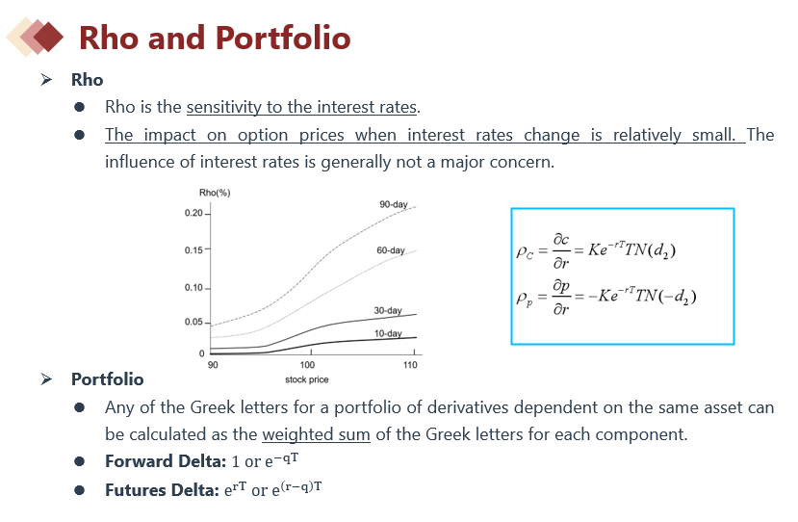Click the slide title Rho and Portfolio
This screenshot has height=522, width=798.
215,38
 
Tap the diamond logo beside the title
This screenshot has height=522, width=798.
35,37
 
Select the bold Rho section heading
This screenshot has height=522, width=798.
87,80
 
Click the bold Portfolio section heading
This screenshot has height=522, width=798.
108,379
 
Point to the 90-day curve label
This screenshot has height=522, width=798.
394,204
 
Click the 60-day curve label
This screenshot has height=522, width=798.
391,250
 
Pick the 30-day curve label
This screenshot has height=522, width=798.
388,310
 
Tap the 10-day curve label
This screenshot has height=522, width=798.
388,333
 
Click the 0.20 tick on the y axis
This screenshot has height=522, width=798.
193,213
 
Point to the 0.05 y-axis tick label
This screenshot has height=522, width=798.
193,322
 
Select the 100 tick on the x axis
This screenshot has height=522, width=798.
307,365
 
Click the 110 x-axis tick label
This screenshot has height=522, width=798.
410,365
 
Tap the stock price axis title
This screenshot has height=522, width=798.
306,379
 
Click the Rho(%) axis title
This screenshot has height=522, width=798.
215,193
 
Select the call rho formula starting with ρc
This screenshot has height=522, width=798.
596,250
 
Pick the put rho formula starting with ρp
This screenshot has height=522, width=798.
606,297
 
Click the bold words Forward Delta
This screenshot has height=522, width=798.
166,461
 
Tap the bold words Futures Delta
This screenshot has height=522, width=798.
162,490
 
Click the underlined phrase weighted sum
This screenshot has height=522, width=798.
316,434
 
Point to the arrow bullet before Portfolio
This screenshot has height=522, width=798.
46,379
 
